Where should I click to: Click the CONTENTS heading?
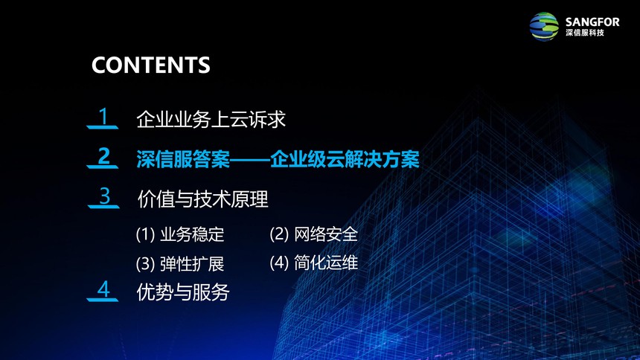[150, 65]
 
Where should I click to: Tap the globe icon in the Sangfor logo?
[544, 27]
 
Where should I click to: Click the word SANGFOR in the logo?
[592, 22]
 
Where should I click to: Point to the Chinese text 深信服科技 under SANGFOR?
[584, 33]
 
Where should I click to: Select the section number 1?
[103, 116]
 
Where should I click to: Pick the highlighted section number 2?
[104, 156]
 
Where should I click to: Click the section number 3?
[105, 196]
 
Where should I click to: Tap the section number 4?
[103, 289]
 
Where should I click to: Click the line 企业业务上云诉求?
[211, 119]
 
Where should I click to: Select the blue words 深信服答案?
[183, 159]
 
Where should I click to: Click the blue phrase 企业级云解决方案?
[345, 159]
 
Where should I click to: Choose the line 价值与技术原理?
[203, 199]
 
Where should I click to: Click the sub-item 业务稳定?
[192, 234]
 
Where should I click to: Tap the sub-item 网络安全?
[326, 234]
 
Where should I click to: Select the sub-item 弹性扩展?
[192, 263]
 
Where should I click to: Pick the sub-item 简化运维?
[326, 263]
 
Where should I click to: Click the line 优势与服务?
[183, 292]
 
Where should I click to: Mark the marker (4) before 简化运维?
[279, 263]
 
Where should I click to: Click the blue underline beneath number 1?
[103, 128]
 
